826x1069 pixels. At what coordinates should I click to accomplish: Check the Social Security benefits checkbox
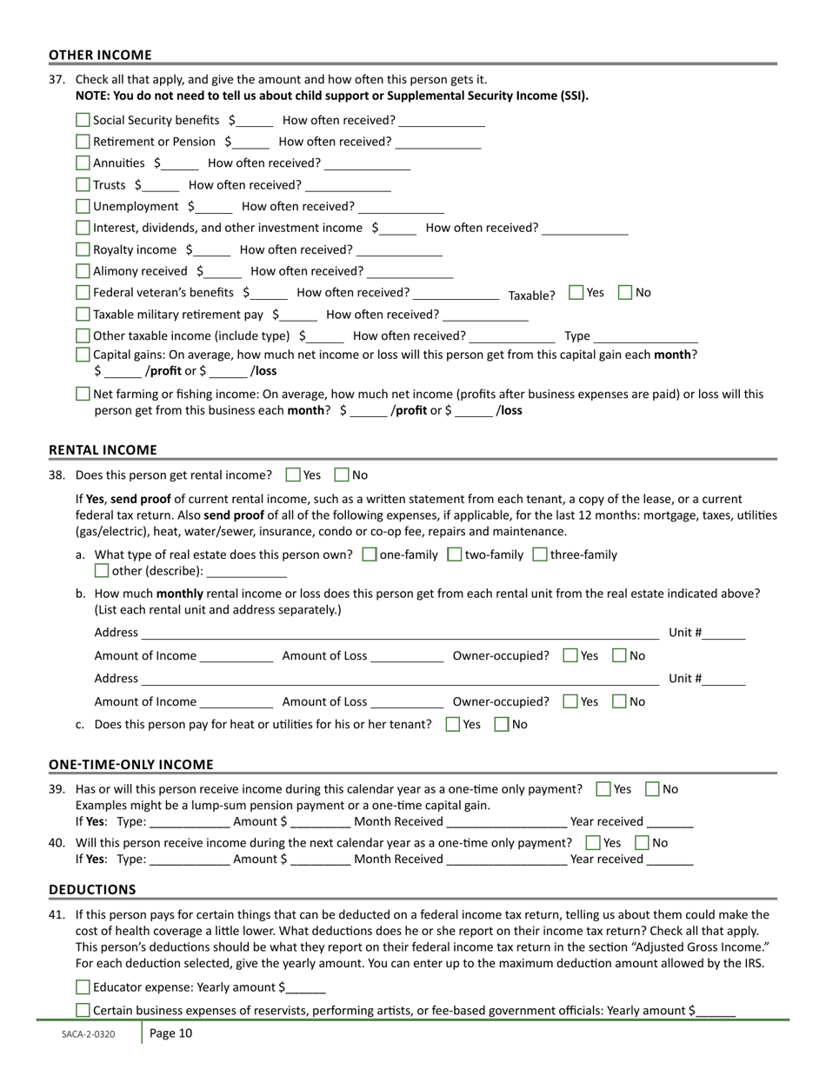83,120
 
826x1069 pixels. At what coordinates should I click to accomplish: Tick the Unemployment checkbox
83,206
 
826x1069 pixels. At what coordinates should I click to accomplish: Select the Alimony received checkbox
83,271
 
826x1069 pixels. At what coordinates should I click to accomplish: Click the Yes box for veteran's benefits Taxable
576,293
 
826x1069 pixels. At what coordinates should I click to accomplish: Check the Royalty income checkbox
83,249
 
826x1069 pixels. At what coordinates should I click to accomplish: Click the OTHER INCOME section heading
100,55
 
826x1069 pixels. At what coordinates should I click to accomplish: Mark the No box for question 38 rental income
342,475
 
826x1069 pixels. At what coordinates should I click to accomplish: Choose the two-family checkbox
454,554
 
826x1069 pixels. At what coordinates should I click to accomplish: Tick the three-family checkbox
539,554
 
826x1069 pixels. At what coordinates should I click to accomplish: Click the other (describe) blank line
247,571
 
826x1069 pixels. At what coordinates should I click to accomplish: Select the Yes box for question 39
603,789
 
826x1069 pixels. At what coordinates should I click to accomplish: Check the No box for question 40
643,842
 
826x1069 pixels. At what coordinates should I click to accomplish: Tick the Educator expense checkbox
83,987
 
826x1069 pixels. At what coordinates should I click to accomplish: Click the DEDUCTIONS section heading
92,889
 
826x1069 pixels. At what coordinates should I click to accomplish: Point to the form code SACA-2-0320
88,1034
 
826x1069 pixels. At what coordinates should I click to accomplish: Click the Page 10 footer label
170,1033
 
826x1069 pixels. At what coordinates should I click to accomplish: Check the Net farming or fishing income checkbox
83,394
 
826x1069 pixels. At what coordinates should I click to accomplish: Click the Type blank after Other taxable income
646,336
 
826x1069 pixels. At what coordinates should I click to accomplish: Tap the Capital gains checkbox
83,355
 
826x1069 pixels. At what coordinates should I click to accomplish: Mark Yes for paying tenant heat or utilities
452,724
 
